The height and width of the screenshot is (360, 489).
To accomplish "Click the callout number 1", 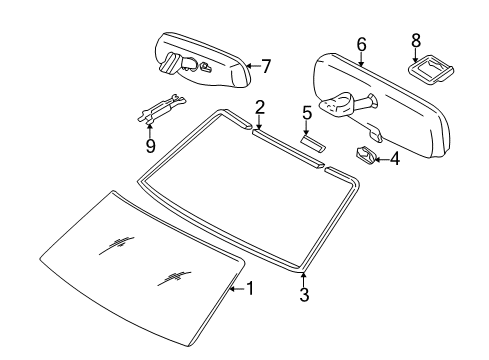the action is [x=250, y=288].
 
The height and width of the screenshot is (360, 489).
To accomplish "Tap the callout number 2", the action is [x=260, y=108].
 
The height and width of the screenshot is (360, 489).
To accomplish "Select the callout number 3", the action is [x=304, y=294].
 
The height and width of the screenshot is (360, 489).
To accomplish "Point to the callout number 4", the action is [x=394, y=159].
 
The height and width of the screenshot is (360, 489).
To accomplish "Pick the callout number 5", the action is [x=307, y=113].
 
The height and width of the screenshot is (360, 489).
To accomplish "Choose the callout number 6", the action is [x=361, y=45].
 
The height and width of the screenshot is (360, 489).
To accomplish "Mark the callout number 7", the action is [x=266, y=66].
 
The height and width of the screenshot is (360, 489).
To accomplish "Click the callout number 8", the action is [x=416, y=41].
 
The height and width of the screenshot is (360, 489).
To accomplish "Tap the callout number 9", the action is [x=151, y=146].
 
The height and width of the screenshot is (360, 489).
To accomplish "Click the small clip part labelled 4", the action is [x=365, y=154].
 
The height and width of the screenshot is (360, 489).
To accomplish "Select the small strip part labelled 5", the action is [x=314, y=143].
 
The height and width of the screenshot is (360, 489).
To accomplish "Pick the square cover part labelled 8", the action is [x=431, y=70].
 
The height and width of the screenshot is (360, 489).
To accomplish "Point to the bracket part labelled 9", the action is [x=161, y=108].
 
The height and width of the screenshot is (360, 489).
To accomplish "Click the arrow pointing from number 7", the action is [x=254, y=66].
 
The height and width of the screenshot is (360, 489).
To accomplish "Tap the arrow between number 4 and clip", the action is [x=382, y=160].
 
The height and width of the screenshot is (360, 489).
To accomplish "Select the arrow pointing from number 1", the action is [x=238, y=289].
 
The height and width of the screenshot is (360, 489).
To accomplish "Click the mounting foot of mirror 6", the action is [x=337, y=104].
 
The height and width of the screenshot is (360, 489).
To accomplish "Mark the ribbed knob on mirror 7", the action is [x=169, y=62].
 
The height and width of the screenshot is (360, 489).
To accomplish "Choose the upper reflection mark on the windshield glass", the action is [x=117, y=245].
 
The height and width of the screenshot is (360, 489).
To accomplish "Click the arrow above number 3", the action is [x=303, y=279].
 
